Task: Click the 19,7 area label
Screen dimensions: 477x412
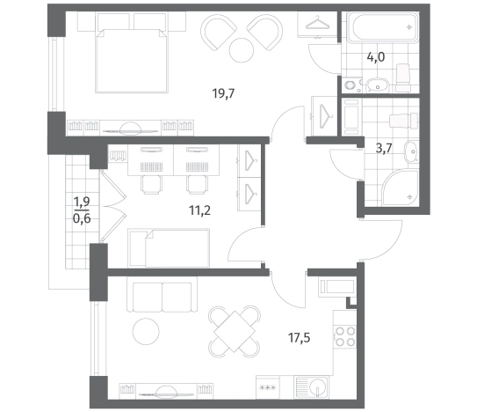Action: [x=224, y=93]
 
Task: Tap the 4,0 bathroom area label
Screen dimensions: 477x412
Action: [x=376, y=57]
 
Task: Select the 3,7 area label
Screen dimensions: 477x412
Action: [x=384, y=149]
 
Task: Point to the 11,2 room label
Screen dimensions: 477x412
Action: [x=200, y=210]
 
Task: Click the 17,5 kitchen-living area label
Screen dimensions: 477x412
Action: [x=299, y=338]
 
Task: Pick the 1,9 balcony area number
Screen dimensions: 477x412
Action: [x=82, y=202]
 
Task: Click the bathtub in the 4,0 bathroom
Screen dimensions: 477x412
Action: [x=383, y=27]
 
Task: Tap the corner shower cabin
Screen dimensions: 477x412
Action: [x=401, y=188]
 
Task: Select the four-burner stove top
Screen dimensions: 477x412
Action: [x=345, y=336]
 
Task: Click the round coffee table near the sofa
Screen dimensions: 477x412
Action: [x=146, y=332]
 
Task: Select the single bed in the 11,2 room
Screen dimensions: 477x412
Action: [x=170, y=248]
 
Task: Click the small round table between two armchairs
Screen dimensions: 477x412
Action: [x=242, y=50]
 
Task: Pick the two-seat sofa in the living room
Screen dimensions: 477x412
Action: [x=163, y=295]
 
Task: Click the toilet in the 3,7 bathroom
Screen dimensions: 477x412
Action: [x=404, y=121]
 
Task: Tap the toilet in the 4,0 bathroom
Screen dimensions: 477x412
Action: [x=404, y=77]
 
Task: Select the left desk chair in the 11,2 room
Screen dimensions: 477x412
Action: [x=151, y=185]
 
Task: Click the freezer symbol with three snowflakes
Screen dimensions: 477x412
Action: [x=267, y=388]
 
